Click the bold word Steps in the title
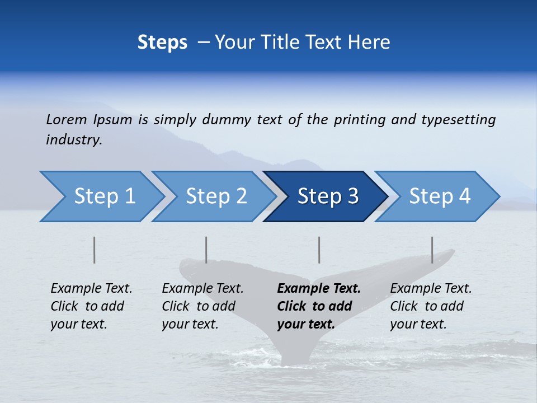point(162,42)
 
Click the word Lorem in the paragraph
point(66,119)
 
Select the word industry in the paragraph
point(73,139)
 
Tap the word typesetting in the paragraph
point(458,119)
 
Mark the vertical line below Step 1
point(95,250)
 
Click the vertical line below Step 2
point(206,250)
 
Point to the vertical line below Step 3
point(319,250)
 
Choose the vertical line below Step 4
point(432,250)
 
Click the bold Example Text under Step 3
point(319,288)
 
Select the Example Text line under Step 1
point(91,288)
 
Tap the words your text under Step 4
point(418,324)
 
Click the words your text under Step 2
point(190,324)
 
